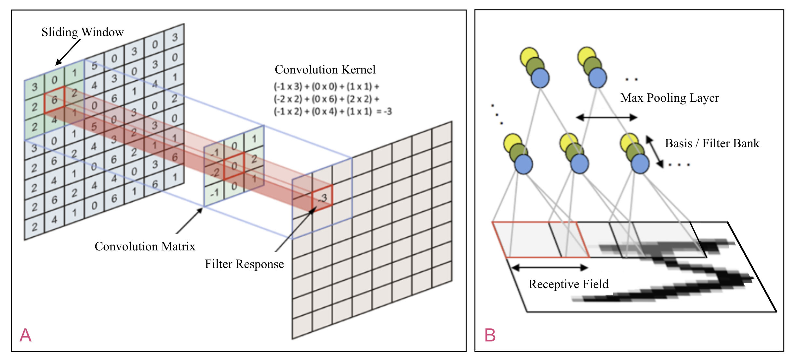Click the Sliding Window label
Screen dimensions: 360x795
82,32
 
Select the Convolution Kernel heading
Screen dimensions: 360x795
325,69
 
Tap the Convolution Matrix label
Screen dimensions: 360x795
145,246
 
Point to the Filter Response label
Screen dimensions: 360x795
244,264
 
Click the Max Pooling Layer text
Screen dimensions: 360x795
669,98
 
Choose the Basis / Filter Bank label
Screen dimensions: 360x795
712,143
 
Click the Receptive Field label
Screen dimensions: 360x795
568,284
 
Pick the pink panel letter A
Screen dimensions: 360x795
25,335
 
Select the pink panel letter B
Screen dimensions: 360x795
490,335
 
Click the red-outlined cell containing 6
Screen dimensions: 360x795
54,100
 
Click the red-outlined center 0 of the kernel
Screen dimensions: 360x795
234,166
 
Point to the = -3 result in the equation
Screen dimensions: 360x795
384,112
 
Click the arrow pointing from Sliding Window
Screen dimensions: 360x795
68,52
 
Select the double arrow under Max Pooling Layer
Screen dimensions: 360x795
606,117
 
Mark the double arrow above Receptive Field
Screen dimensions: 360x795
550,268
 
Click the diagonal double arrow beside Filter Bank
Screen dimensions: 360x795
654,152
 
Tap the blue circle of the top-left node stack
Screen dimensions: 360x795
540,78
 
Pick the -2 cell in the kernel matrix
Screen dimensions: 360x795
215,172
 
